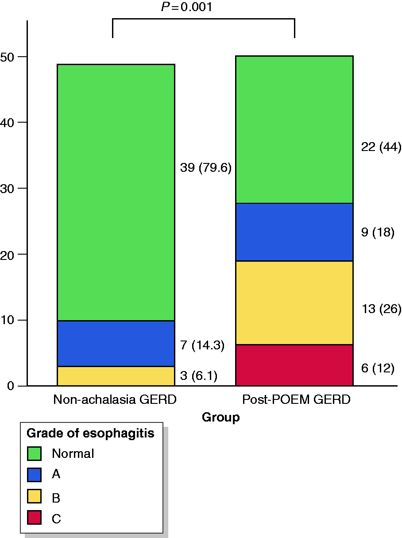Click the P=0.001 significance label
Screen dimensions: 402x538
coord(186,7)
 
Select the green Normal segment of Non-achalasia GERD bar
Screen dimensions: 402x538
coord(116,193)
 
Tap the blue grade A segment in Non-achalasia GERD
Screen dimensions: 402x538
coord(116,344)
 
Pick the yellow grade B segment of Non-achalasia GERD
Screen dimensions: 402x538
coord(116,376)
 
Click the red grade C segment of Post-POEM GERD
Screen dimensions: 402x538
coord(294,365)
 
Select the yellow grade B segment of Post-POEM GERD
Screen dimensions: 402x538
coord(294,303)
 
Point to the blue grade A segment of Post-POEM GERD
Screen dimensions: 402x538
coord(294,232)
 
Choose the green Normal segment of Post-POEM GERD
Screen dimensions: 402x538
coord(294,130)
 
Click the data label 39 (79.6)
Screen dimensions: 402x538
coord(206,168)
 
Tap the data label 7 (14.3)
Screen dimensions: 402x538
coord(202,345)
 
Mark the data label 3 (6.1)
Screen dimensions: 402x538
coord(199,376)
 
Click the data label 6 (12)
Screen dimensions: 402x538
coord(378,368)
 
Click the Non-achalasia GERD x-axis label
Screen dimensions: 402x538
coord(115,399)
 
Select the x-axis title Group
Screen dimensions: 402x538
coord(221,418)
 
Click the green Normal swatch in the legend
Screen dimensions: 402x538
coord(34,453)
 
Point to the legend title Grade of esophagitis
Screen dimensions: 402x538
coord(90,433)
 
